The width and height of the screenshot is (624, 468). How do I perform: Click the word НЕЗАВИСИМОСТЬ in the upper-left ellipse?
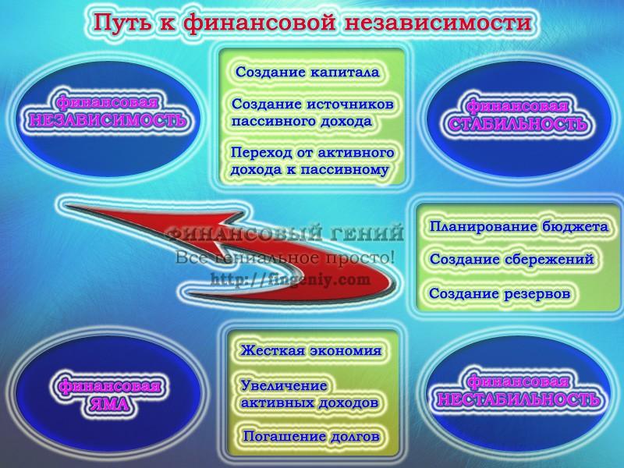(108, 120)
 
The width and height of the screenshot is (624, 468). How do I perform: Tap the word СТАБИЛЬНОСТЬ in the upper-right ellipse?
(518, 124)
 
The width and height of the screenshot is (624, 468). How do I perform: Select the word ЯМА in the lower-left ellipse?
(109, 404)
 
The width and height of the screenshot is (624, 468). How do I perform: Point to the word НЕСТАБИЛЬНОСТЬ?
(518, 399)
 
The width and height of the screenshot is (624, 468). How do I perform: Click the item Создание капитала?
(307, 72)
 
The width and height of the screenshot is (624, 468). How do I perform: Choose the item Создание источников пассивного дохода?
(313, 112)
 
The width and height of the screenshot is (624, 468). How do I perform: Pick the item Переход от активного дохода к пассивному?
(313, 161)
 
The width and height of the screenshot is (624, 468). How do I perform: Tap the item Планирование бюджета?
(519, 227)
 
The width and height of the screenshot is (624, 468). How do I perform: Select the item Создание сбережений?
(512, 260)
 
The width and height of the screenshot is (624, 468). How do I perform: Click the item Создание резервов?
(499, 294)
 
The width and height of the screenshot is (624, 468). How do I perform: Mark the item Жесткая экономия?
(310, 350)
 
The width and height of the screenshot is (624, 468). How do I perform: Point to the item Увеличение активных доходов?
(309, 394)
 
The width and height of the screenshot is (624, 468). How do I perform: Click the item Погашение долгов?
(311, 436)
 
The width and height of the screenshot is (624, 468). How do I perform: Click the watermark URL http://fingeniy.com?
(290, 280)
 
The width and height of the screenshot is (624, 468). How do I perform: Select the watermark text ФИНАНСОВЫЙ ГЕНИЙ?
(285, 232)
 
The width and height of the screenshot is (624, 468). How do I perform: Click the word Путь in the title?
(122, 23)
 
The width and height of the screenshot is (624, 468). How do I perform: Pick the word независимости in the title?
(438, 23)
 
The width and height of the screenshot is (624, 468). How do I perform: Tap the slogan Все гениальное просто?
(285, 257)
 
